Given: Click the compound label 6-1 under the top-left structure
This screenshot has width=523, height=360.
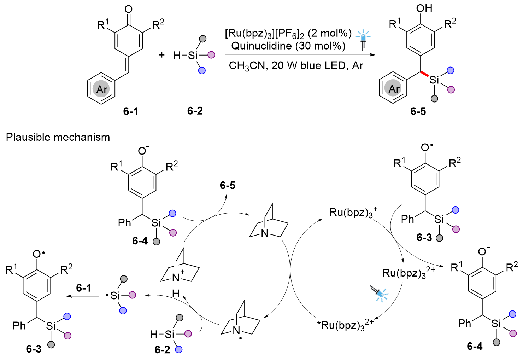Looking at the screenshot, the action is point(130,111).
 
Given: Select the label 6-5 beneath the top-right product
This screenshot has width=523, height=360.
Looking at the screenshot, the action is point(418,111).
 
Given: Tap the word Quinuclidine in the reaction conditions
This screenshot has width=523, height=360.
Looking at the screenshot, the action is point(261,46).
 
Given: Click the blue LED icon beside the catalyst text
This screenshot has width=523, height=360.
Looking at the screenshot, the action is point(363,40).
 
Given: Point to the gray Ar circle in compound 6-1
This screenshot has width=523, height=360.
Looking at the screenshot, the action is point(101,89).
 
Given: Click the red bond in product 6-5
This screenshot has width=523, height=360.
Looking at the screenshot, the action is point(424,74).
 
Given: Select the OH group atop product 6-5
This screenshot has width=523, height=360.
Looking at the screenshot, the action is point(424,8).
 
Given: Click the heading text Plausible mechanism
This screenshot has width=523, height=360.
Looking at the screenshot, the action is point(58,137).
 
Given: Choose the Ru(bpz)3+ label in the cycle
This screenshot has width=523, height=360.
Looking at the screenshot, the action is point(353,212).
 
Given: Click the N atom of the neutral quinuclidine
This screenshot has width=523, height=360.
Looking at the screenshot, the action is point(265,233).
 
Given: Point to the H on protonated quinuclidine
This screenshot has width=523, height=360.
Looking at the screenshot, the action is point(176,294).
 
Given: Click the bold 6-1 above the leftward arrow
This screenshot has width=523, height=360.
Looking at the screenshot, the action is point(84,288).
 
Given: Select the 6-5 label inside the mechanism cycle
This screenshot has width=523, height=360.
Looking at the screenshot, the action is point(228,185).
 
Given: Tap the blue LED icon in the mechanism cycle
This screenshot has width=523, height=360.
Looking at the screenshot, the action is point(379,294).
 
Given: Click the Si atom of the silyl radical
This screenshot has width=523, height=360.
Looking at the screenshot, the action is point(115,296).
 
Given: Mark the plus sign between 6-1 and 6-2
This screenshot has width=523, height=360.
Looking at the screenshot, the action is point(161,55).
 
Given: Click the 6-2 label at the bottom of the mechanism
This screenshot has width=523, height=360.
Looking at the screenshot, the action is point(162,349).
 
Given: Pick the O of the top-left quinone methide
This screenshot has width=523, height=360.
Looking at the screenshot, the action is point(128,9).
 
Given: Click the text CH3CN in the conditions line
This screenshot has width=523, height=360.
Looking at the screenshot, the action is point(247,66).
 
